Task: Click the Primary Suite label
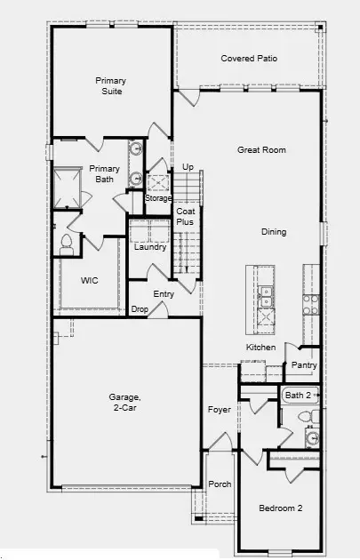point(111,85)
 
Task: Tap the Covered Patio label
point(249,59)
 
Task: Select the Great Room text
point(261,150)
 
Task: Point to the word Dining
point(274,233)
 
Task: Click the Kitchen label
point(260,347)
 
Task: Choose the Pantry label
point(304,365)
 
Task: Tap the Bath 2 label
point(298,394)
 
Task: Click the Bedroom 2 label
point(281,508)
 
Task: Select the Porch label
point(220,484)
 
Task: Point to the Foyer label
point(220,410)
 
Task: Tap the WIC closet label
point(89,281)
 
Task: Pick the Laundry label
point(150,247)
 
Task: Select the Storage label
point(158,198)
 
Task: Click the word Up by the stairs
point(188,167)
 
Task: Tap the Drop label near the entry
point(140,309)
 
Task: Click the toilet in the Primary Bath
point(66,242)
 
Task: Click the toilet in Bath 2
point(304,416)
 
